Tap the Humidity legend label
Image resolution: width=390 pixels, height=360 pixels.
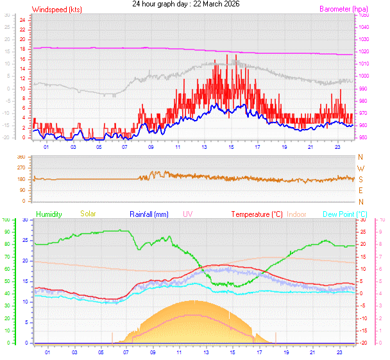point(50,214)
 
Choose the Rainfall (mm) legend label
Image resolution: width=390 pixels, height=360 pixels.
point(149,214)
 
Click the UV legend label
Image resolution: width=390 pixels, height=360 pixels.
point(187,214)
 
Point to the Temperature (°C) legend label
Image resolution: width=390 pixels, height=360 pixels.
point(257,214)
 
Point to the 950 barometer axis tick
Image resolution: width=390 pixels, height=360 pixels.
point(363,137)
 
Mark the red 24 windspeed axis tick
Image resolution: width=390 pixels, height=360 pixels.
point(22,20)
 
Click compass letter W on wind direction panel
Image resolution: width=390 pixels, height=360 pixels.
point(360,168)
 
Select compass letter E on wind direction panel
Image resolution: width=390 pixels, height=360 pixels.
point(360,191)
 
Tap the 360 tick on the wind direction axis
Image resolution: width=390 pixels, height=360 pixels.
point(21,157)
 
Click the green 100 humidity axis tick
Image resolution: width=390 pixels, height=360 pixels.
point(6,220)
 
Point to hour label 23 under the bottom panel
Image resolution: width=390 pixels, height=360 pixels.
point(337,352)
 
